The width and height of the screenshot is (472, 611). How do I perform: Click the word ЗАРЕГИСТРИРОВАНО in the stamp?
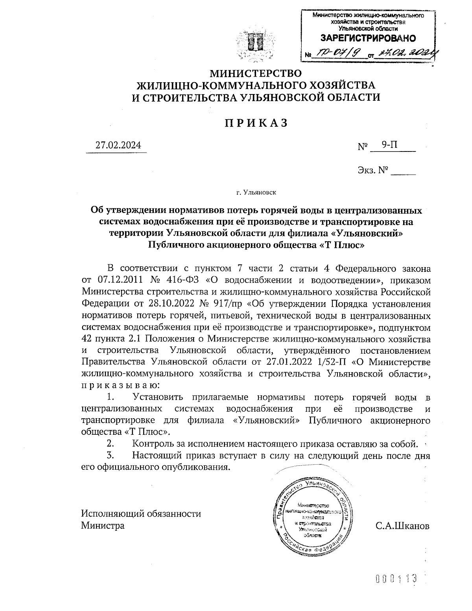click(368, 38)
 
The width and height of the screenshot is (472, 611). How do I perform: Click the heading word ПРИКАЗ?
click(256, 123)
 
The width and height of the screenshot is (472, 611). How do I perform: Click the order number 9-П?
click(390, 145)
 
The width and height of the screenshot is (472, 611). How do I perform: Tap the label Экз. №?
click(373, 170)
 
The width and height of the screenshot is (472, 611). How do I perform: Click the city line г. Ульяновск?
click(256, 193)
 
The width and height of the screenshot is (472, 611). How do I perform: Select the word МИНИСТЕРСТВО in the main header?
click(256, 74)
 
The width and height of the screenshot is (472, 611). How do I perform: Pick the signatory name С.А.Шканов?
click(402, 526)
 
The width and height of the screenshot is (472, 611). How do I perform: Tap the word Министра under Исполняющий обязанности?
click(103, 526)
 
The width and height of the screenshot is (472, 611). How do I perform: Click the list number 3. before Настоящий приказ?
click(111, 456)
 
